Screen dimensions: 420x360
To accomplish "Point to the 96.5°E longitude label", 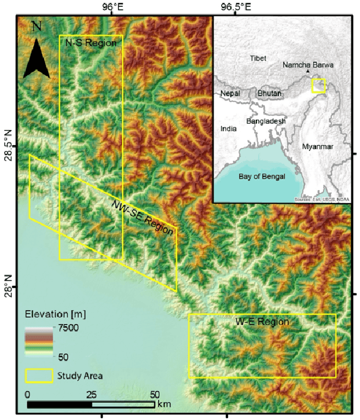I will point(236,7).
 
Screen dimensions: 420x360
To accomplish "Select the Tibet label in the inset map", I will point(259,58).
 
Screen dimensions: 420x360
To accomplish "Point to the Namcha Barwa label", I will point(308,65).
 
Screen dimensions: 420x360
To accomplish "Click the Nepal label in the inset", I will point(230,93).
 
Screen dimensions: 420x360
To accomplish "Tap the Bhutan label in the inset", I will point(269,93).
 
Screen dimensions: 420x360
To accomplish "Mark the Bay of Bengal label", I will point(262,176).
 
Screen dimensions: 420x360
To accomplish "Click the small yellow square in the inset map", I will point(319,86).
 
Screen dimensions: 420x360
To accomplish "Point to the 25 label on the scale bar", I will point(91,395).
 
